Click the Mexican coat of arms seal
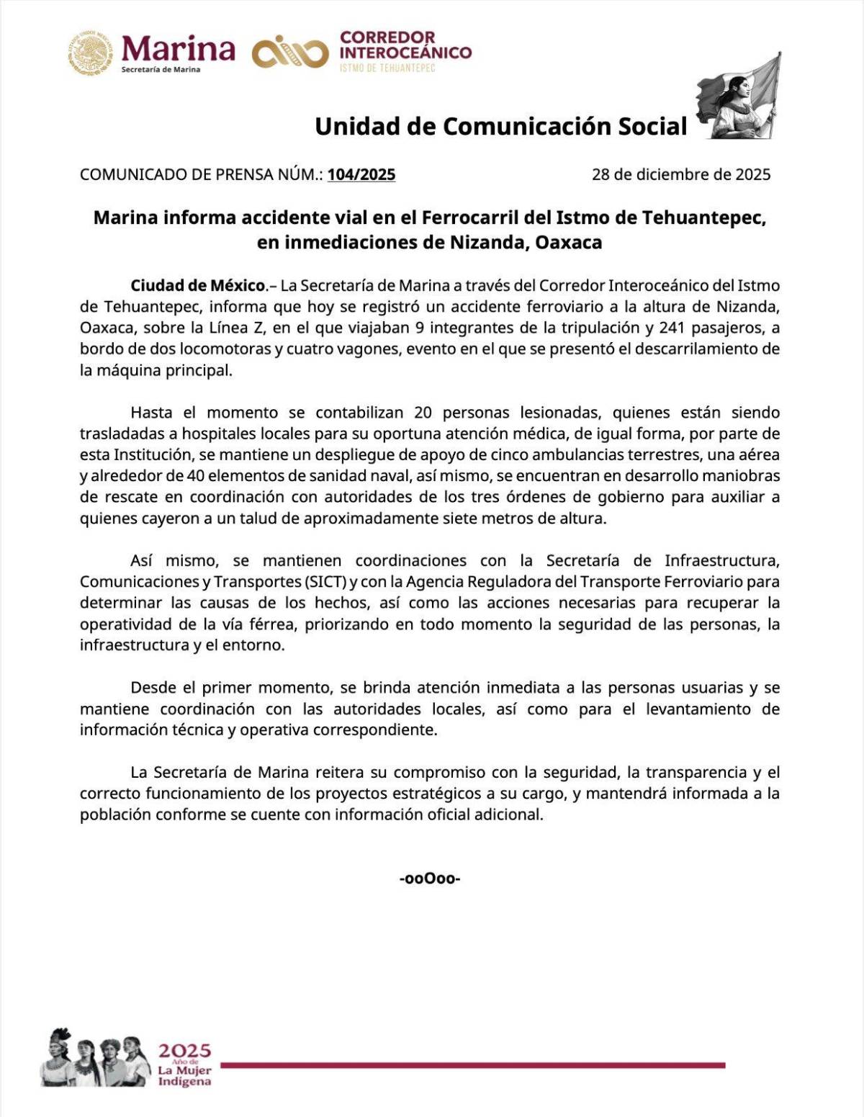91,53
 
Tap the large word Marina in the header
179,48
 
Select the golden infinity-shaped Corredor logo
289,53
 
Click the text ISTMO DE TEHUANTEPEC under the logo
387,68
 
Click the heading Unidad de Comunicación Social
501,126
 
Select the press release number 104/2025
361,174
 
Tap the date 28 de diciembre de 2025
680,174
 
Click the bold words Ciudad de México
198,286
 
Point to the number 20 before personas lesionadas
423,413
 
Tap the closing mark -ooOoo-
430,879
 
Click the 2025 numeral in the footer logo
184,1051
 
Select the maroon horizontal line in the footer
472,1065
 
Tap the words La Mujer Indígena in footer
184,1076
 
